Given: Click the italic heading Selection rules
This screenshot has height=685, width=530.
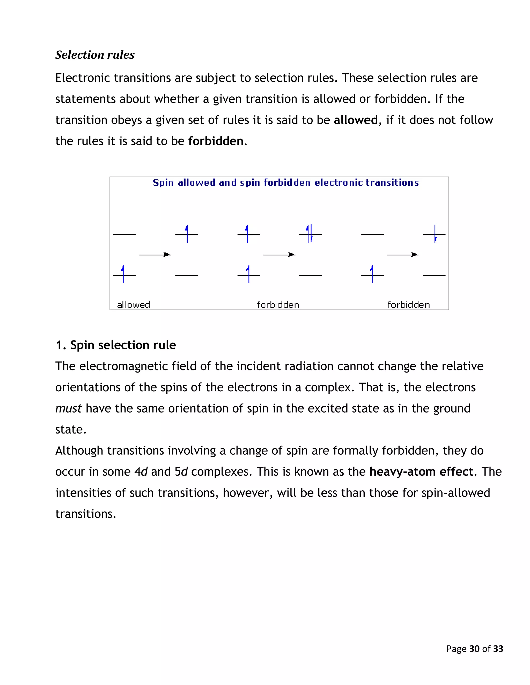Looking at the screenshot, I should pyautogui.click(x=95, y=55).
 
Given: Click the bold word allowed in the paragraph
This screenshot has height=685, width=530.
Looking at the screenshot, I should pyautogui.click(x=355, y=120).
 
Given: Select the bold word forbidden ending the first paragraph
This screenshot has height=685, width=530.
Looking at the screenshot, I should pyautogui.click(x=216, y=141).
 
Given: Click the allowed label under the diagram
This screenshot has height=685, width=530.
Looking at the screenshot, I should pyautogui.click(x=134, y=305).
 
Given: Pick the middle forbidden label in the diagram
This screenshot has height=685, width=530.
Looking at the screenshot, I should pyautogui.click(x=278, y=305).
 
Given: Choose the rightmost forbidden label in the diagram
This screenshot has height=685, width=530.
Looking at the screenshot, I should pyautogui.click(x=408, y=305).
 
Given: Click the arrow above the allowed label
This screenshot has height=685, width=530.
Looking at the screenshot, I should pyautogui.click(x=155, y=255).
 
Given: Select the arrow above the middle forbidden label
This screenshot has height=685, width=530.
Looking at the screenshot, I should pyautogui.click(x=279, y=255).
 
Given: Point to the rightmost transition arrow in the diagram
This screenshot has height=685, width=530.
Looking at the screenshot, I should pyautogui.click(x=402, y=255).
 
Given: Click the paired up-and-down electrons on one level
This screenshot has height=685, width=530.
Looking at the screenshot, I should pyautogui.click(x=310, y=234).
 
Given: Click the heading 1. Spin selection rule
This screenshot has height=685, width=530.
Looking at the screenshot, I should pyautogui.click(x=115, y=345).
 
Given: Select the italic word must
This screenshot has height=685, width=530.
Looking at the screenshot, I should pyautogui.click(x=68, y=409).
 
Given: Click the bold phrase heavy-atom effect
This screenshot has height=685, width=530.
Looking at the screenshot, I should pyautogui.click(x=421, y=472).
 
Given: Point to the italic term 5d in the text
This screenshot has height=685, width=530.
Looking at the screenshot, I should pyautogui.click(x=181, y=472).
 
